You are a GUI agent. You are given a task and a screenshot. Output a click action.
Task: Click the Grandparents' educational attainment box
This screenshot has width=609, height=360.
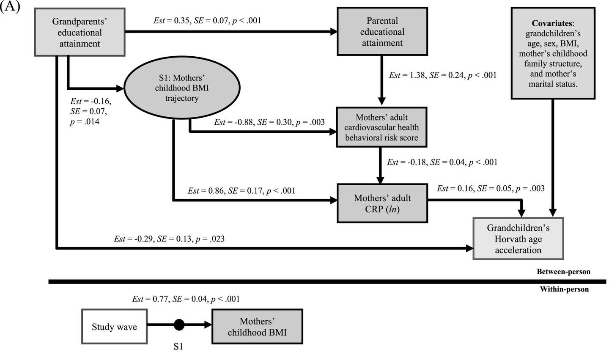click(x=80, y=32)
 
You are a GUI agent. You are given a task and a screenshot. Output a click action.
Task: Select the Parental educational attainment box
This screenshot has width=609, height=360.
click(x=382, y=32)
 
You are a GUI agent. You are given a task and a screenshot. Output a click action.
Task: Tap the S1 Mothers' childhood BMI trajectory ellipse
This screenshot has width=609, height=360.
click(x=181, y=88)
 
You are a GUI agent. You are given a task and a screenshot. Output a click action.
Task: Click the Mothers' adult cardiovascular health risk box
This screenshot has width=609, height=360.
click(x=381, y=127)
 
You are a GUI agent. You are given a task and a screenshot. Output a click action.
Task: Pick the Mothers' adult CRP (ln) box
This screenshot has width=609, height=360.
click(x=382, y=203)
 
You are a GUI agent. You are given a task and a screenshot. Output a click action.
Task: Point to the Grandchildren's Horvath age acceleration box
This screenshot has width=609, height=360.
click(x=518, y=239)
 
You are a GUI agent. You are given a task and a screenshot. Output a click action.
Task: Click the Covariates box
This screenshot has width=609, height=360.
click(x=553, y=53)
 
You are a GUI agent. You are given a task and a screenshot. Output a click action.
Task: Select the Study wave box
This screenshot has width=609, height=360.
click(x=114, y=327)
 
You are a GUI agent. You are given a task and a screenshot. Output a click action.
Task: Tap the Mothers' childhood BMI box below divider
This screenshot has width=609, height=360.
click(x=257, y=327)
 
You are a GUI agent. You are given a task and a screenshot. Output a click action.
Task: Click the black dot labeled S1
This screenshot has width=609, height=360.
click(x=179, y=325)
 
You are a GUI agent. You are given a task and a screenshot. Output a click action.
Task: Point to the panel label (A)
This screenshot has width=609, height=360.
click(x=10, y=7)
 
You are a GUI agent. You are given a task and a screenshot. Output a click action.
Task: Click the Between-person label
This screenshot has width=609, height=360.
click(x=563, y=272)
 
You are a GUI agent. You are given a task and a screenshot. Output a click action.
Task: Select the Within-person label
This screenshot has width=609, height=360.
click(x=564, y=289)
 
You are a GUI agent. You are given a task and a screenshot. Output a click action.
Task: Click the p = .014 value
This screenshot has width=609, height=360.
click(x=85, y=122)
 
